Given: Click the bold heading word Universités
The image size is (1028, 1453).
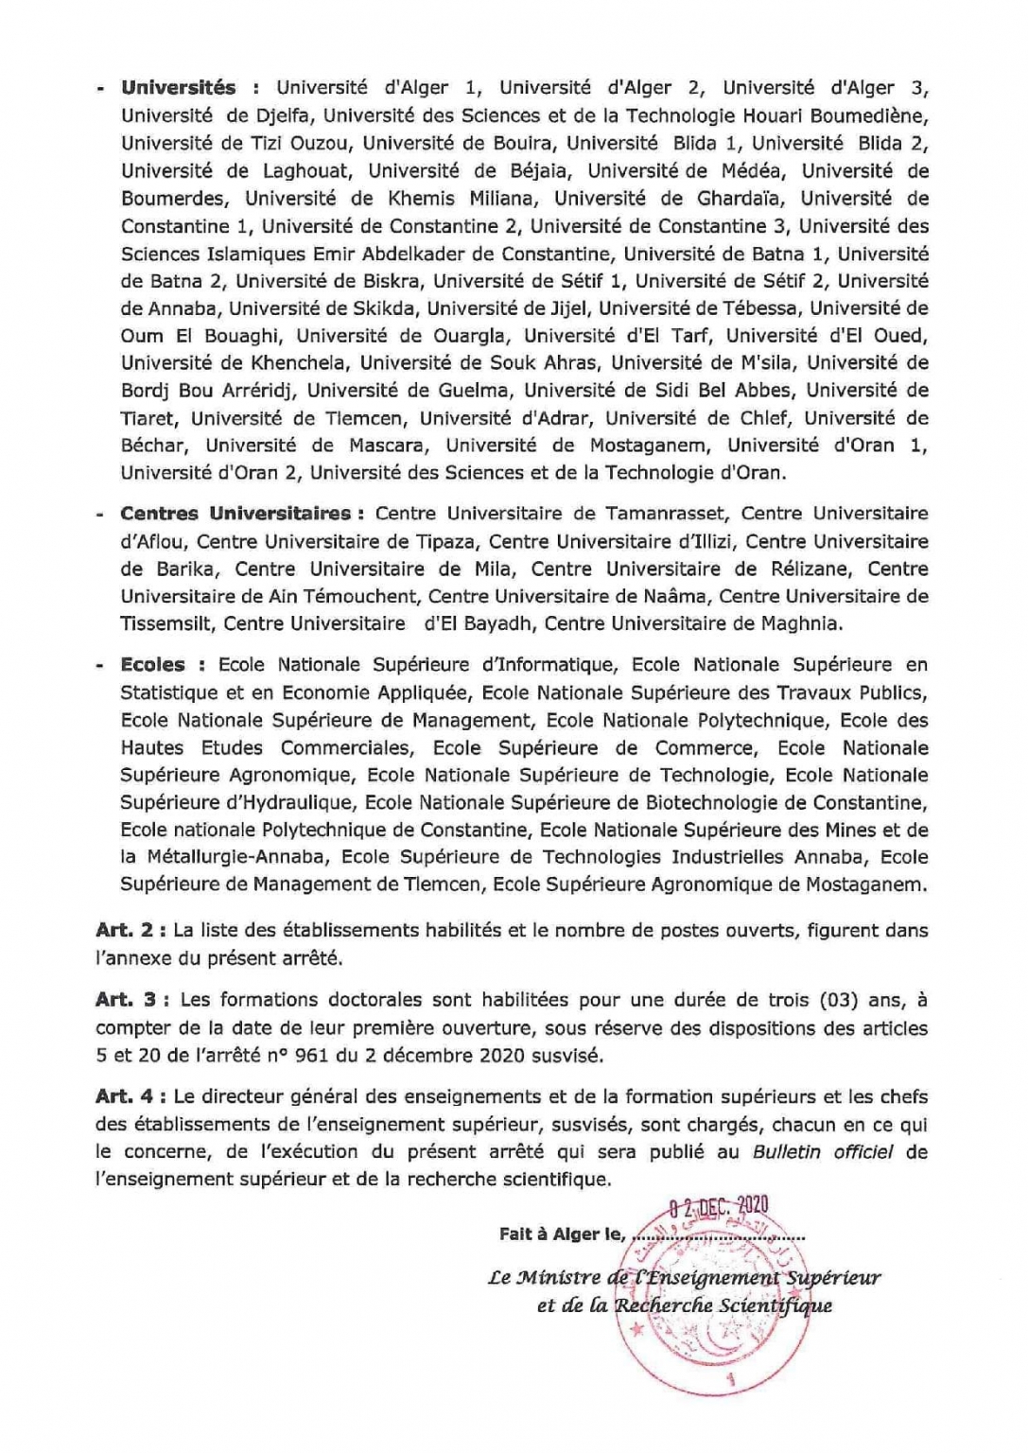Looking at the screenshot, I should tap(178, 88).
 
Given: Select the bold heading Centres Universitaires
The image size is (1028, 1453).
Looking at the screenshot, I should tap(235, 514).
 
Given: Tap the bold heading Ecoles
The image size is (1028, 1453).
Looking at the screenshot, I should tap(152, 665).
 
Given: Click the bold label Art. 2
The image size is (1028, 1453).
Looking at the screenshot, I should tap(125, 930).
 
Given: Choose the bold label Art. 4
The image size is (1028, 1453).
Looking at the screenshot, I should tap(125, 1097).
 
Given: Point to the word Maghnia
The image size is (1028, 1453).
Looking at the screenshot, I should tap(800, 623).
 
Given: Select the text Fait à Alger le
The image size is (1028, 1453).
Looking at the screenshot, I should tap(562, 1234).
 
